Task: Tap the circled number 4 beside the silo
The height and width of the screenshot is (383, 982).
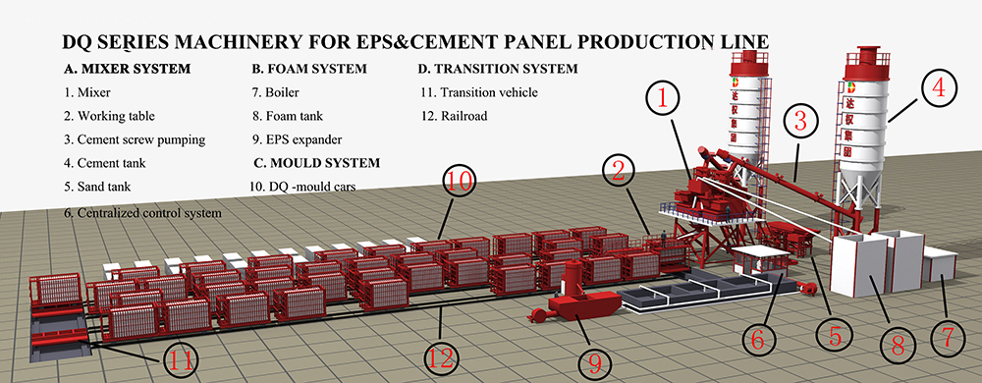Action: (x=938, y=91)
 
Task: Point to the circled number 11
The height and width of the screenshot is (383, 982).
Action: (x=181, y=361)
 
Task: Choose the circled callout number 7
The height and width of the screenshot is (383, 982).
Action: (x=946, y=338)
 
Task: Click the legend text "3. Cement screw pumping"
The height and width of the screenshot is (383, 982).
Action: (x=135, y=139)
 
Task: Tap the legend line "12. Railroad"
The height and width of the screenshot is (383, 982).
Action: (x=454, y=117)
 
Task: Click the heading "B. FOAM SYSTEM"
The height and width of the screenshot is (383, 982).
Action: (x=309, y=69)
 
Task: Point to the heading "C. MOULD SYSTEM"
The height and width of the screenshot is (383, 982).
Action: (x=317, y=163)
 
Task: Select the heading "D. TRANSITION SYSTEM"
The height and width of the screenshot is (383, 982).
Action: (x=498, y=69)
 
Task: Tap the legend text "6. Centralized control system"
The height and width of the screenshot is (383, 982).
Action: (x=143, y=213)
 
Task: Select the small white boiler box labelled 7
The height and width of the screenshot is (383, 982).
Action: (x=938, y=264)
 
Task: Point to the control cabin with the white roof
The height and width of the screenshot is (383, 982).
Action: (x=761, y=261)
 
